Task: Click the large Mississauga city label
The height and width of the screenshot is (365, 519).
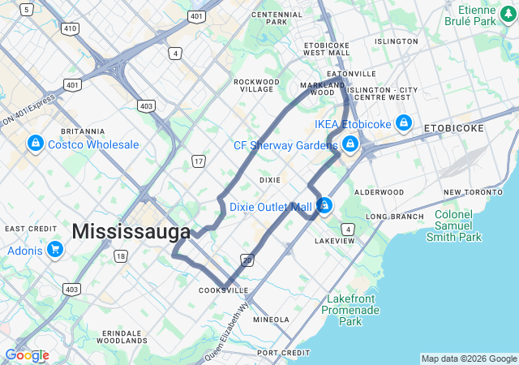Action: click(x=131, y=231)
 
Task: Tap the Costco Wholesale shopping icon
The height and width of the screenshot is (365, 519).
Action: click(x=35, y=144)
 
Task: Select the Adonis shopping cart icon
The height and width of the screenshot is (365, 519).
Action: click(x=54, y=248)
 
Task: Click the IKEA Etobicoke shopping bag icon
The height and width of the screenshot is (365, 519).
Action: click(x=404, y=123)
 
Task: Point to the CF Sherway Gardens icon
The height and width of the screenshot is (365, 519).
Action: click(x=350, y=145)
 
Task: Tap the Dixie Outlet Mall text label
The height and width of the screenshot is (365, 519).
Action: click(x=270, y=207)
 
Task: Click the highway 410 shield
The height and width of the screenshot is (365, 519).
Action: click(x=70, y=28)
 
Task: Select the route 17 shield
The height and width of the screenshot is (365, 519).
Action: click(x=198, y=162)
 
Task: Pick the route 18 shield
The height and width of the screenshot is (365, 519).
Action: click(x=121, y=256)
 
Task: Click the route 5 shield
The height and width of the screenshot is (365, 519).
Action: click(x=27, y=9)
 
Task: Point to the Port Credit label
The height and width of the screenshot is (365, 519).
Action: click(x=283, y=353)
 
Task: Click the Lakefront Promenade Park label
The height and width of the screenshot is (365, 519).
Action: click(x=351, y=310)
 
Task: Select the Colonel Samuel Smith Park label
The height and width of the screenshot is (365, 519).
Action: click(x=458, y=225)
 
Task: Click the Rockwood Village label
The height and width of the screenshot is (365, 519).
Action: click(x=254, y=85)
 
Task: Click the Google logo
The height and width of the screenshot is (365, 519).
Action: click(x=27, y=355)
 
